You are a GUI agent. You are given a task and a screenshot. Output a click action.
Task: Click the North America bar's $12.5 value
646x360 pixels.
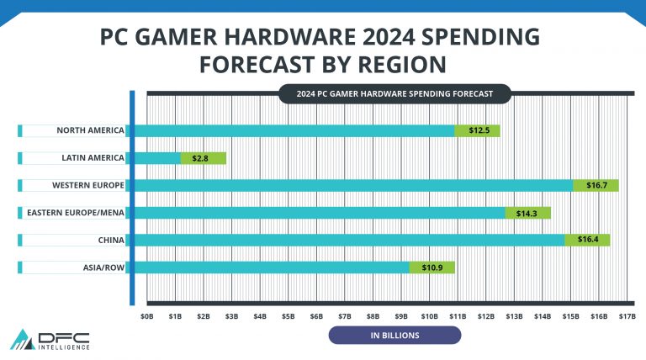pos(479,130)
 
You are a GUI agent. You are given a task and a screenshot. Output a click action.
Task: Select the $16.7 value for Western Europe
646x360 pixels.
pos(596,185)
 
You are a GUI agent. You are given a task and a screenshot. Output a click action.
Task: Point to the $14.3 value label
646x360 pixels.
pos(528,213)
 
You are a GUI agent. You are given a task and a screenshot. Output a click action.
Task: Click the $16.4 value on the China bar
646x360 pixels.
pos(588,240)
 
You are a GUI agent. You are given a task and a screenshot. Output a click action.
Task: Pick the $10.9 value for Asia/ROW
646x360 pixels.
pos(432,267)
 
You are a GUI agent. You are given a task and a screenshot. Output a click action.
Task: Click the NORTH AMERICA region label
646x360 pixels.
pos(90,130)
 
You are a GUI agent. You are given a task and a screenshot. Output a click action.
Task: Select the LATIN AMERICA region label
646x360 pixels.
pos(92,158)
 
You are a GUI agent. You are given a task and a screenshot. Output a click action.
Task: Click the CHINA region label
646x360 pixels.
pos(111,240)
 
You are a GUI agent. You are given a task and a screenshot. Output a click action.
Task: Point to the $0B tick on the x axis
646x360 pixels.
pos(146,315)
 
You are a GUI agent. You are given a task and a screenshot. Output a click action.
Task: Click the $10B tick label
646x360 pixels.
pos(430,315)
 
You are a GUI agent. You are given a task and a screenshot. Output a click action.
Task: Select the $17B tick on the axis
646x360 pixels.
pos(627,315)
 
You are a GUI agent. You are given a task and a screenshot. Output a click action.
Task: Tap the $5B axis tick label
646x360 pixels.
pos(288,315)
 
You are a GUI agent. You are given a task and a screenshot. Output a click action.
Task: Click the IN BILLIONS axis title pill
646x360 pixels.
pos(394,336)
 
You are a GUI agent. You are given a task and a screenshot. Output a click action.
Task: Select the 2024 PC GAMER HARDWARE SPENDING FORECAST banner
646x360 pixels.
pos(394,93)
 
